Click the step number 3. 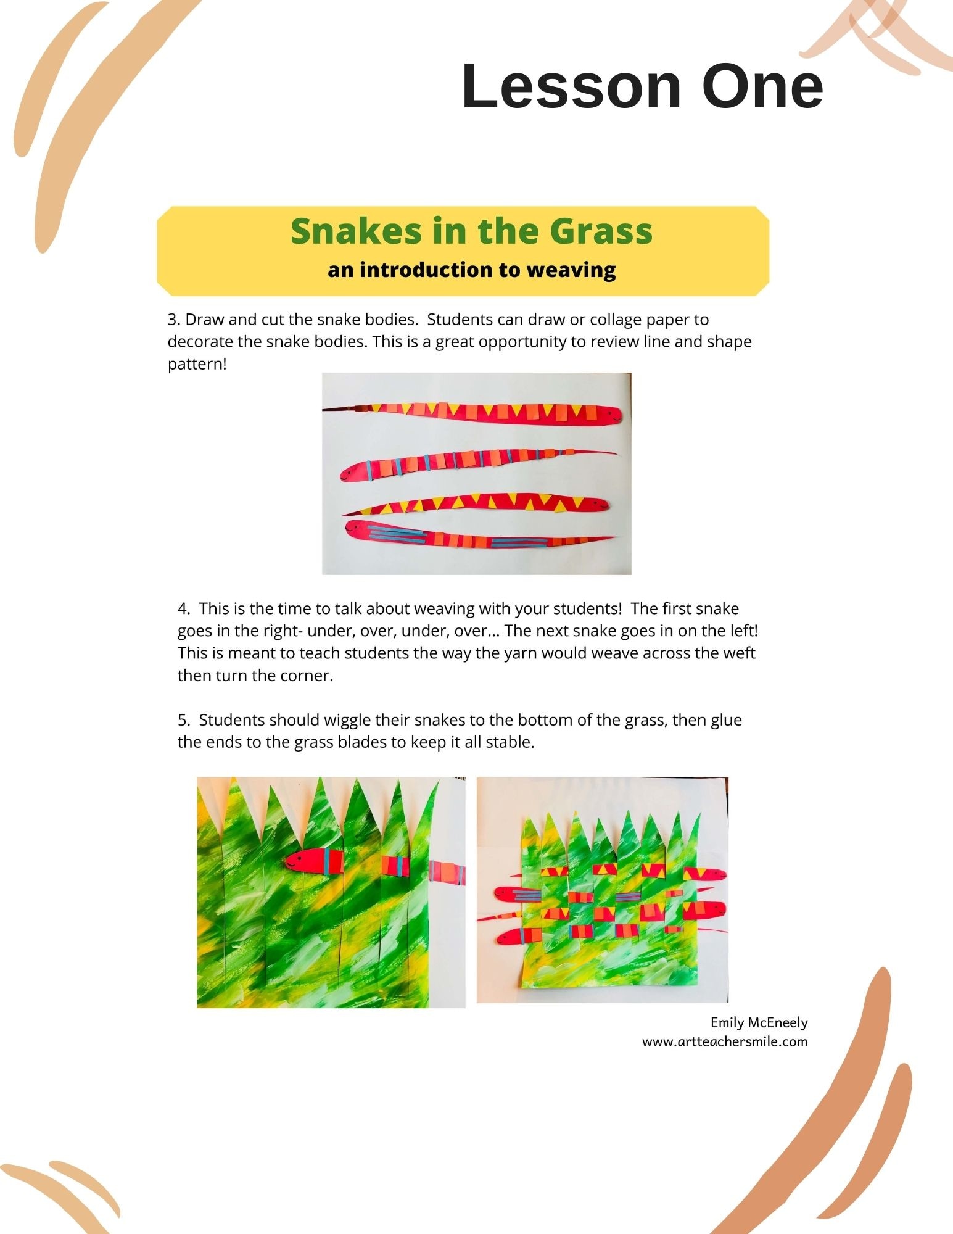coord(173,320)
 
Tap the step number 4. coord(183,608)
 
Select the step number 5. coord(183,719)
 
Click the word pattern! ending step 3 coord(197,365)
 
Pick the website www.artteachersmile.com coord(725,1041)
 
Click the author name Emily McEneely coord(759,1022)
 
